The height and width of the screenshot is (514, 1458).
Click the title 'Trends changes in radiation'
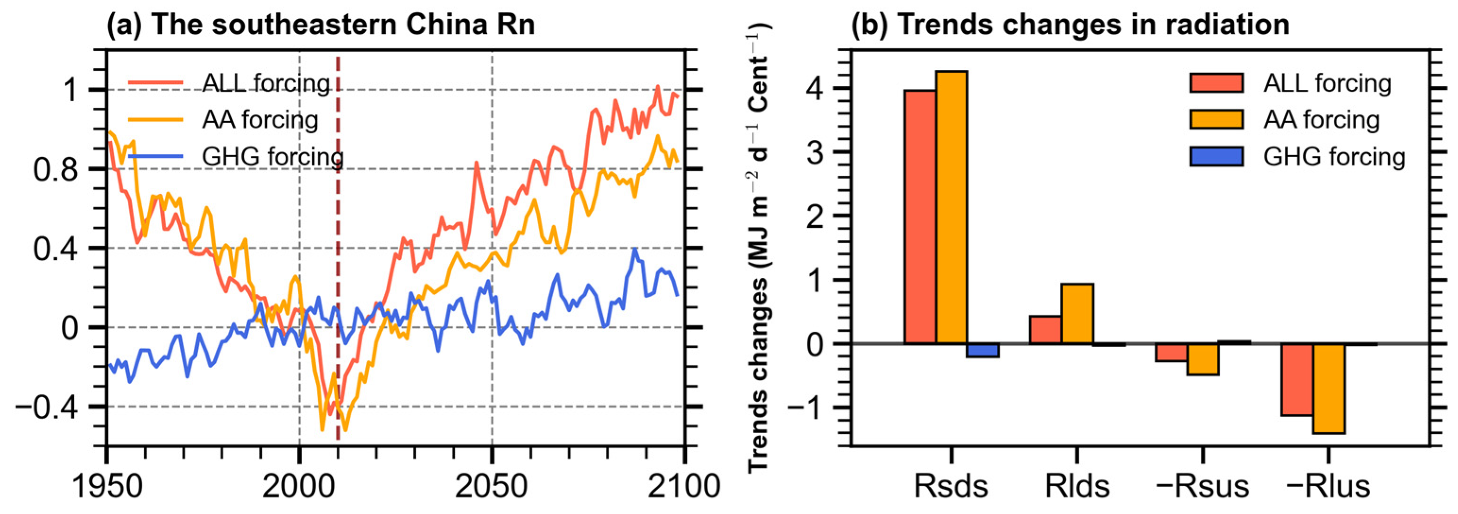click(1070, 25)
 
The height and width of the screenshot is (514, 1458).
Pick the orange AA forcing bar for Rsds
click(951, 206)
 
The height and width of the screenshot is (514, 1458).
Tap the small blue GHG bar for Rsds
click(983, 350)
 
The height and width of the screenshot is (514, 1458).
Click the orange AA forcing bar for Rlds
click(1077, 313)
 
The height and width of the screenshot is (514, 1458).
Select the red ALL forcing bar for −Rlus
click(1297, 379)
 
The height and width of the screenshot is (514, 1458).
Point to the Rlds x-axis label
click(1077, 486)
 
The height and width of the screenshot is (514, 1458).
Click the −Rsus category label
click(1202, 486)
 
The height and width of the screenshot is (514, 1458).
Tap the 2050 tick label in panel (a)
click(492, 486)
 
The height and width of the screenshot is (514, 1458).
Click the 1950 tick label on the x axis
click(107, 486)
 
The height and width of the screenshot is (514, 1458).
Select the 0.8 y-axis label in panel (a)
click(55, 169)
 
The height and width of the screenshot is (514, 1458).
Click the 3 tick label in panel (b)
click(814, 152)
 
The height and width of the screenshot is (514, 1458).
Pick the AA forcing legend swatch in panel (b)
click(1216, 120)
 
